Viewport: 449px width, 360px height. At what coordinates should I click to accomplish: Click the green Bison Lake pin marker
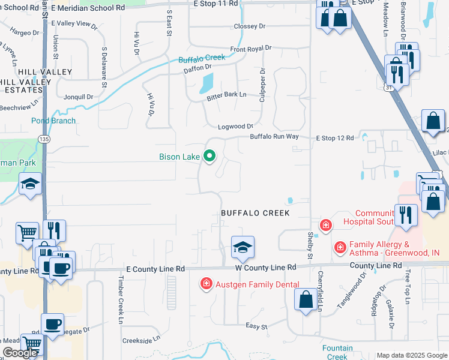(x=209, y=157)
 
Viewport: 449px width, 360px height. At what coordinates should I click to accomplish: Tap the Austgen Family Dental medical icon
(x=205, y=283)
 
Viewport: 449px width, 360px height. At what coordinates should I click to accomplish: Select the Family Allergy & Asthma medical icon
(x=340, y=247)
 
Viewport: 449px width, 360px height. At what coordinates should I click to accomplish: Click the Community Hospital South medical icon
(x=325, y=226)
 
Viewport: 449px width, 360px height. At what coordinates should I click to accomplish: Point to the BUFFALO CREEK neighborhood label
(x=255, y=213)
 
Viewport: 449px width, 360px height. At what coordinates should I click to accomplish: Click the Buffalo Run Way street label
(x=274, y=137)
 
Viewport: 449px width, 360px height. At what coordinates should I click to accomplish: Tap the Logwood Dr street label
(x=235, y=127)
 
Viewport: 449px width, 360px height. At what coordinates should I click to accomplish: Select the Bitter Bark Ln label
(x=226, y=95)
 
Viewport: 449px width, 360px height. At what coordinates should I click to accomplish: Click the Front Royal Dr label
(x=250, y=48)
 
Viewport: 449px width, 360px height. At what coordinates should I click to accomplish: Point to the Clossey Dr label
(x=249, y=26)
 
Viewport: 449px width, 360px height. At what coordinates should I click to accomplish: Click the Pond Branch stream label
(x=53, y=121)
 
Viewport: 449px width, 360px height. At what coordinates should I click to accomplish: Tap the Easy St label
(x=256, y=326)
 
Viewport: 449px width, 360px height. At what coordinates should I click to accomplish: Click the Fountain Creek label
(x=337, y=352)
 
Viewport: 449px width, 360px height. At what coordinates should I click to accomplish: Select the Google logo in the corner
(x=19, y=353)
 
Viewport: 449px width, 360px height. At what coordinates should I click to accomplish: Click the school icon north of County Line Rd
(x=242, y=247)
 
